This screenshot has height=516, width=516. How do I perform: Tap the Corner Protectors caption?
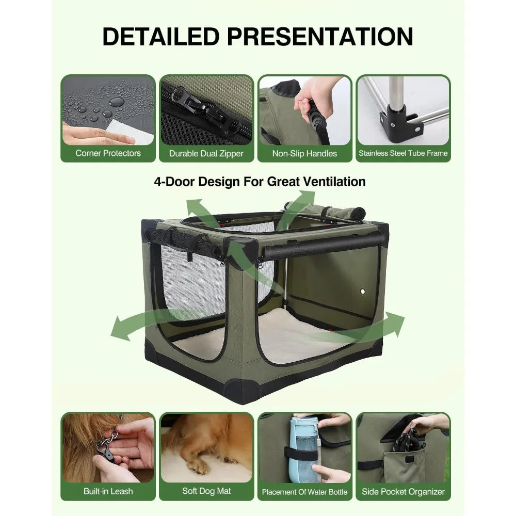[x=108, y=153]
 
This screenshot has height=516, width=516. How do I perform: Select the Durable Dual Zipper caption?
[x=206, y=153]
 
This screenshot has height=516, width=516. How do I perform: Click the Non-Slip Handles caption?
[x=304, y=153]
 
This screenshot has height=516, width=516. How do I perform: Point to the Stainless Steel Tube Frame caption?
[x=403, y=153]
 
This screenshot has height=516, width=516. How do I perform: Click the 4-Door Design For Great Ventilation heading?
[x=260, y=182]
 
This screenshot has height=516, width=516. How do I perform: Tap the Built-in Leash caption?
[x=108, y=491]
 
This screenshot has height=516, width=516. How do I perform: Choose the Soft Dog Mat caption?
[x=206, y=491]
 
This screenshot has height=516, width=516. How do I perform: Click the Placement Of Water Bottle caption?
[x=304, y=492]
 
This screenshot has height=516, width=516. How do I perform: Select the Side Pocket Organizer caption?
[x=403, y=491]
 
